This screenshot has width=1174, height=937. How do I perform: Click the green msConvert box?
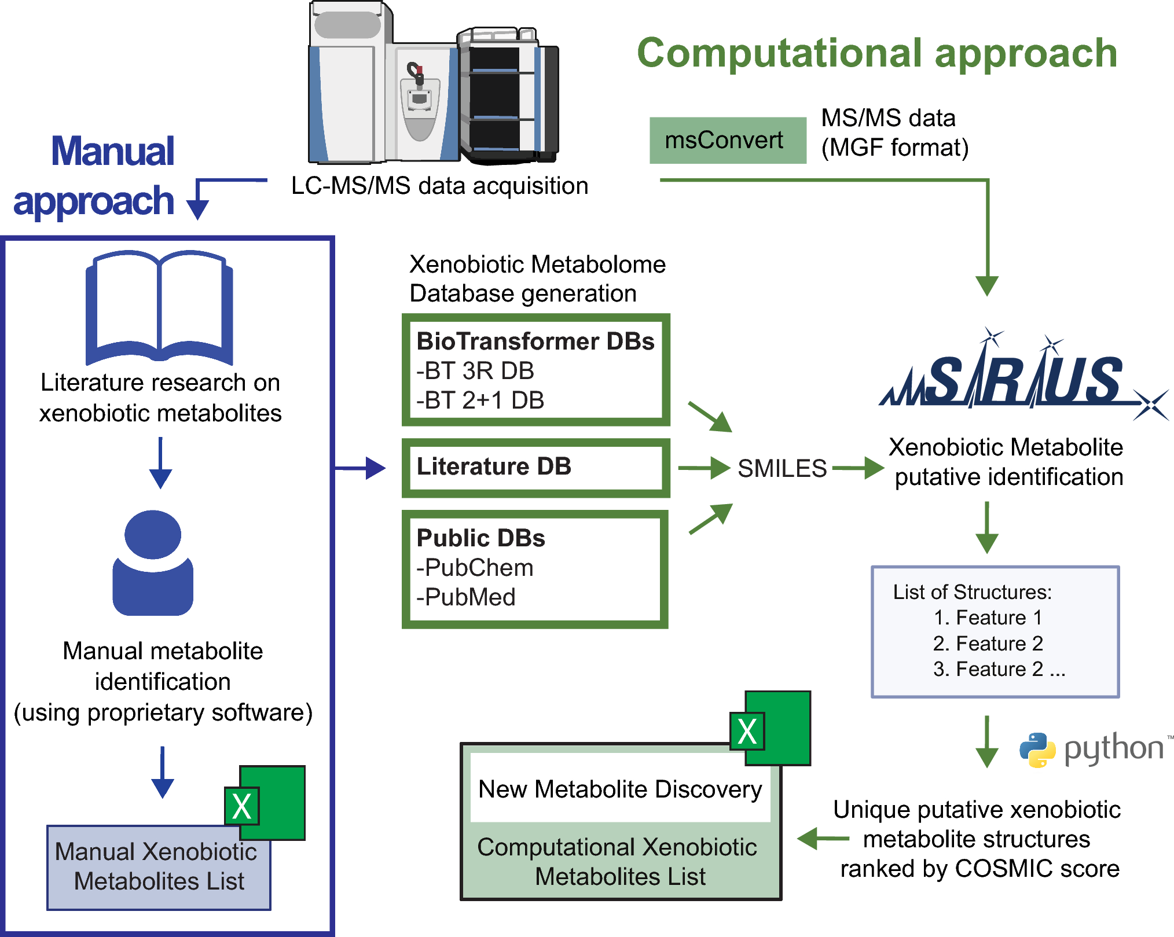tap(727, 141)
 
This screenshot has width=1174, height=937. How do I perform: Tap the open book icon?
tap(159, 307)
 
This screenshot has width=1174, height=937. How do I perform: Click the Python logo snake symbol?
tap(1037, 749)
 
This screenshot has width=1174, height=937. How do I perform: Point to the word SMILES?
tap(782, 468)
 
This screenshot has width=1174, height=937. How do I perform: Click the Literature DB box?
tap(535, 468)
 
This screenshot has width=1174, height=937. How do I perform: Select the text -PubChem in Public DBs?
tap(475, 568)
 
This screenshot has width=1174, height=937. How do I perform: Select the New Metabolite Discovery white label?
tap(620, 789)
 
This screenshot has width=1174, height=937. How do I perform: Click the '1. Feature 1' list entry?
tap(988, 618)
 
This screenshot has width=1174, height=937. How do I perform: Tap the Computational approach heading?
tap(876, 53)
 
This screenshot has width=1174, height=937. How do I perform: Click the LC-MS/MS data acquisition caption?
tap(439, 186)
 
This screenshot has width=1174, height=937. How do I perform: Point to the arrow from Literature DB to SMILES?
tap(703, 468)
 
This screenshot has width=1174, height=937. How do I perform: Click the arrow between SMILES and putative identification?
tap(858, 468)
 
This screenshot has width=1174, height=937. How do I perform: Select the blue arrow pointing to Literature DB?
tap(360, 468)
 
